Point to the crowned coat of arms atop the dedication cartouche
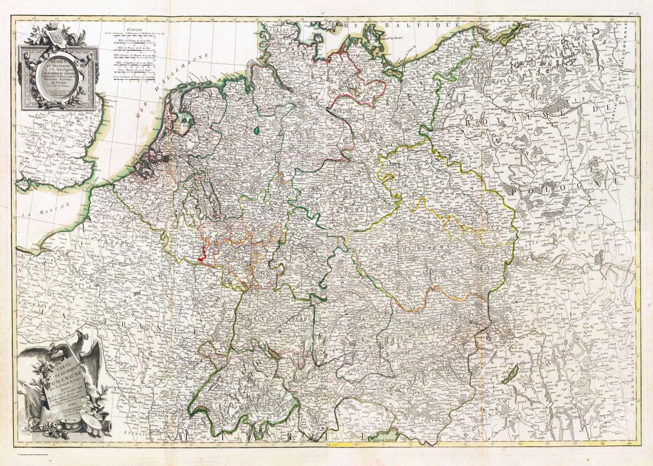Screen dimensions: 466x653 54,35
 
